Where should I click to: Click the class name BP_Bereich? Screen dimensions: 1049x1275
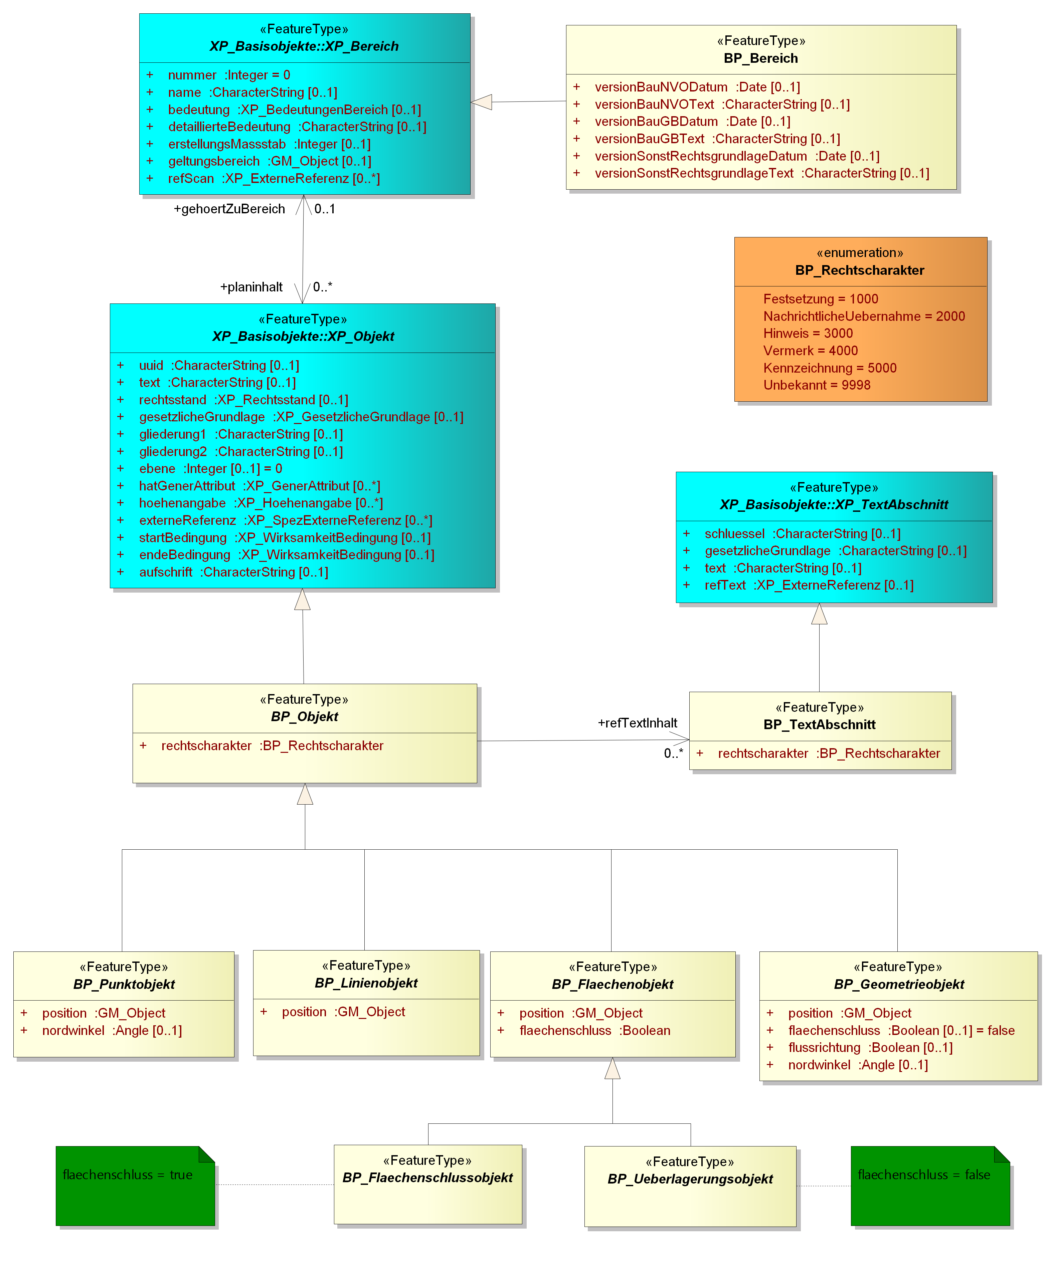761,58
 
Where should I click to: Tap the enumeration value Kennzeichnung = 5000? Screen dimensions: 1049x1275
830,368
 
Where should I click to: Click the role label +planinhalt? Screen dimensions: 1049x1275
251,287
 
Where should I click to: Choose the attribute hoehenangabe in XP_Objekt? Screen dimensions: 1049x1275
261,503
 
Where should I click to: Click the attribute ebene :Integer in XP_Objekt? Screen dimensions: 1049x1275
210,469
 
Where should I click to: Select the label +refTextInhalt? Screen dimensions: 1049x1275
638,723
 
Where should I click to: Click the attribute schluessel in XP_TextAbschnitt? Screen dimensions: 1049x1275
803,534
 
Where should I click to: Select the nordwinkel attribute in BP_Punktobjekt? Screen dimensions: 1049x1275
112,1030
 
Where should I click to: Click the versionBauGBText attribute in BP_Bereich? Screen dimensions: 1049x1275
717,139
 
